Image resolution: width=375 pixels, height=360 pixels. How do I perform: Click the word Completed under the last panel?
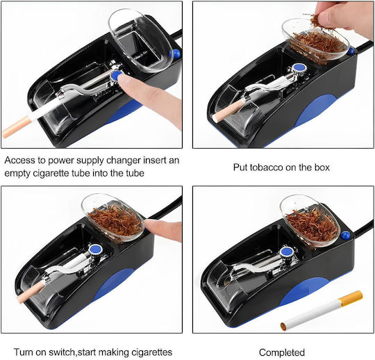(282, 352)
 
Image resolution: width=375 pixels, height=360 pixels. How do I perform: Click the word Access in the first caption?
(19, 160)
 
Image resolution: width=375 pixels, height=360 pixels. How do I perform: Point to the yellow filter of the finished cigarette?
(351, 298)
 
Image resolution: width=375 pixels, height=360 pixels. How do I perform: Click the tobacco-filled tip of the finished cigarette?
(283, 327)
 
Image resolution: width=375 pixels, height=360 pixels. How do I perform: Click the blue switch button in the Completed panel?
(345, 236)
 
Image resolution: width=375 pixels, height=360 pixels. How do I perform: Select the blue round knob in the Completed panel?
(287, 252)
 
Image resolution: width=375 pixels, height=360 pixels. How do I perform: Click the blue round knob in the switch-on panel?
(96, 249)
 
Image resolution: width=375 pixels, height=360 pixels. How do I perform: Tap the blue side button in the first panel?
(176, 53)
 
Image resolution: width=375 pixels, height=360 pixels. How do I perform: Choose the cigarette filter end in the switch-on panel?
(31, 293)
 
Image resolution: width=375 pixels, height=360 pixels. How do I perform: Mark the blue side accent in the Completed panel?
(303, 290)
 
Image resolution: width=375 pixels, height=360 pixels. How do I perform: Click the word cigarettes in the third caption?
(151, 352)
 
